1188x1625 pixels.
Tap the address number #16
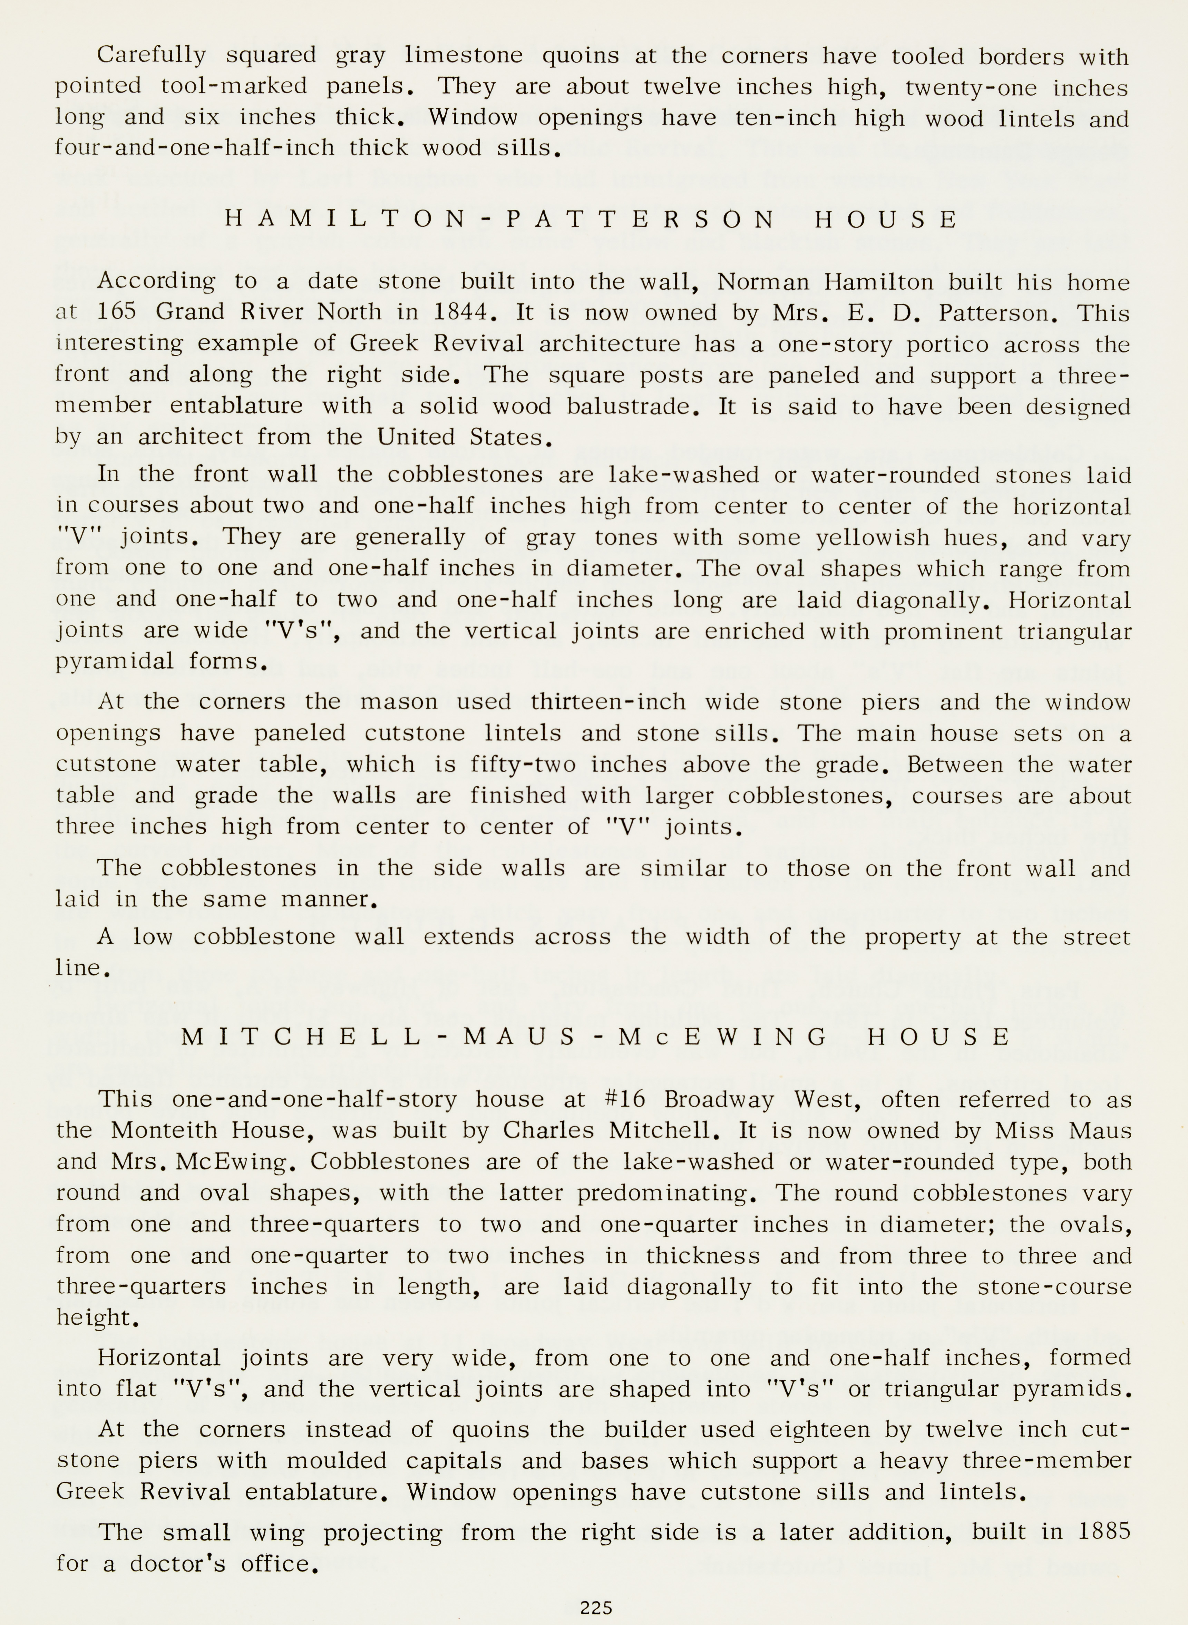(x=625, y=1099)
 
